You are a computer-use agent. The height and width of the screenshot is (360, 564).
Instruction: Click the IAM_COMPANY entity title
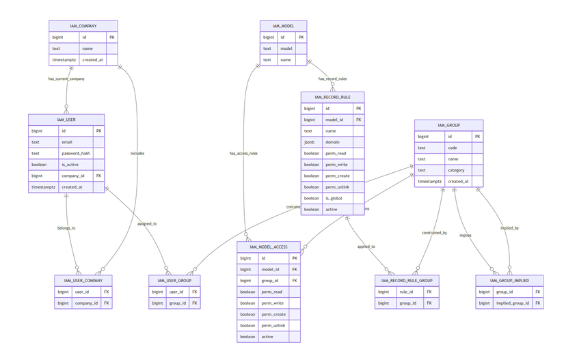point(83,26)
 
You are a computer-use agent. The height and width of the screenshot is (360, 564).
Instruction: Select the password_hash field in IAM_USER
point(76,153)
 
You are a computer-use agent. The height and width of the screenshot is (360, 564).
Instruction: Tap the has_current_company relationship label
point(66,79)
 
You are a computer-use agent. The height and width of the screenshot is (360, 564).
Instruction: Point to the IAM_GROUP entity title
point(448,125)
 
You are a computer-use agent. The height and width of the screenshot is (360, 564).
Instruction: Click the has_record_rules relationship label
point(332,79)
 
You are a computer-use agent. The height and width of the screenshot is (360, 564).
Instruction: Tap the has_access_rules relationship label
point(243,154)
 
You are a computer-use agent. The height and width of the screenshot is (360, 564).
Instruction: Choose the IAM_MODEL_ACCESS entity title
point(268,247)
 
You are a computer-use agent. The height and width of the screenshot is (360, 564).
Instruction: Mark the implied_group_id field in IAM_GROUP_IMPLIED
point(512,303)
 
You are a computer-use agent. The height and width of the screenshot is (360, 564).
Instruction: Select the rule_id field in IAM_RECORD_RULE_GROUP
point(405,292)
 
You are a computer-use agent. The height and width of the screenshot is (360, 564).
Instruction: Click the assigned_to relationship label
point(147,223)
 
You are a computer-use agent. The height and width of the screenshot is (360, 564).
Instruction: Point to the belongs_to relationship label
point(66,227)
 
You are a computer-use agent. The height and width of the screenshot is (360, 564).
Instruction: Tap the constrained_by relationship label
point(434,233)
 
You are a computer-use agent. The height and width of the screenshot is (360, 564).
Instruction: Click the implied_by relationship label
point(509,228)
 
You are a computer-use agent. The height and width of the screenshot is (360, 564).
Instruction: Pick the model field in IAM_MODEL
point(286,49)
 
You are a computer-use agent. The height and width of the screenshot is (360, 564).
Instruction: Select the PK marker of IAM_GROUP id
point(477,137)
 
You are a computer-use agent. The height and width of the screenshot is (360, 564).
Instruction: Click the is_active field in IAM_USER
point(72,165)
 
